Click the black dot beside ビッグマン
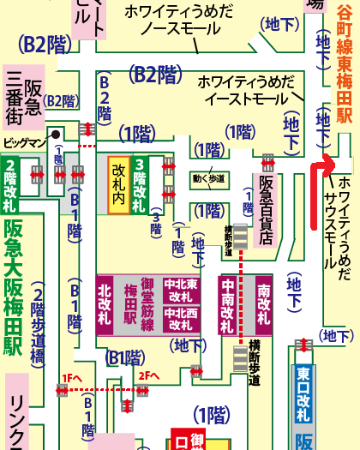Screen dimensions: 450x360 [x=53, y=134]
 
